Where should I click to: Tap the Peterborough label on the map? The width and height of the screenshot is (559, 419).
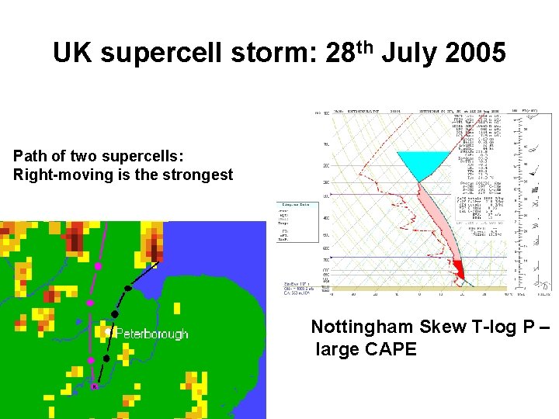pyautogui.click(x=152, y=334)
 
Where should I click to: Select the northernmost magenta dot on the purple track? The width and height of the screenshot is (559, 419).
pyautogui.click(x=98, y=266)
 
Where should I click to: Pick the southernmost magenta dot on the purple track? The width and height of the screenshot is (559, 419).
pyautogui.click(x=90, y=361)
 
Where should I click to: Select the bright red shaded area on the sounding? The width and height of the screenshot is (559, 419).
pyautogui.click(x=459, y=270)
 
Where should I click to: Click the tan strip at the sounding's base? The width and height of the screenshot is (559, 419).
pyautogui.click(x=419, y=288)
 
